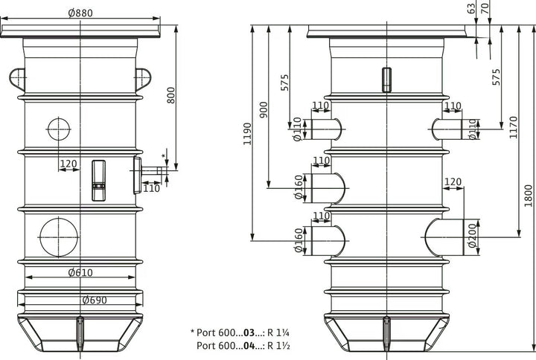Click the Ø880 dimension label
pyautogui.click(x=80, y=13)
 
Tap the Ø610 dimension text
pyautogui.click(x=80, y=272)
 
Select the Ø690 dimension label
pyautogui.click(x=95, y=300)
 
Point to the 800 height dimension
pyautogui.click(x=171, y=95)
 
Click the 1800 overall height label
pyautogui.click(x=529, y=196)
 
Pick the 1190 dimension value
pyautogui.click(x=247, y=134)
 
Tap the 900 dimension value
pyautogui.click(x=264, y=109)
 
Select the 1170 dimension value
pyautogui.click(x=514, y=127)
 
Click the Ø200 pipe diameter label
pyautogui.click(x=472, y=235)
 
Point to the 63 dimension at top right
pyautogui.click(x=471, y=8)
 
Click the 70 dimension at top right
pyautogui.click(x=485, y=7)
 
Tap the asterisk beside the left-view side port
pyautogui.click(x=163, y=156)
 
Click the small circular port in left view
pyautogui.click(x=59, y=129)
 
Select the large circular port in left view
pyautogui.click(x=59, y=237)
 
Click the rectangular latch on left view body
pyautogui.click(x=99, y=180)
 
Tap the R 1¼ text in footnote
pyautogui.click(x=278, y=332)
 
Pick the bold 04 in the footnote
pyautogui.click(x=249, y=346)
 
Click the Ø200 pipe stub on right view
pyautogui.click(x=444, y=237)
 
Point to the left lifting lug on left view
pyautogui.click(x=17, y=79)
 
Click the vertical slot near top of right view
pyautogui.click(x=386, y=80)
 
